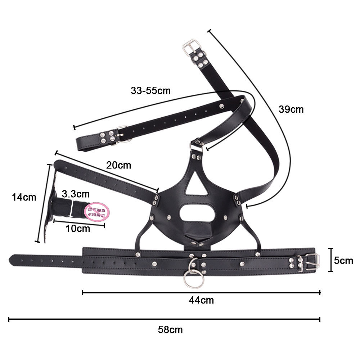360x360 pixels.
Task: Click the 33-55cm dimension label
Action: pos(150,90)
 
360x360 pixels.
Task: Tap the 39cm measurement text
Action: pos(291,109)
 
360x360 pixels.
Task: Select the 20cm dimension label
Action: pos(118,165)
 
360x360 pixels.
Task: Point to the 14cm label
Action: pos(24,197)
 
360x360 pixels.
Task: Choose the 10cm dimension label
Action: pos(78,228)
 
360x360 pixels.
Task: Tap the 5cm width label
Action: pos(343,260)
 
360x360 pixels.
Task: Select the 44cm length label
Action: pos(201,300)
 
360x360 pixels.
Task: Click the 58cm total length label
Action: pos(170,329)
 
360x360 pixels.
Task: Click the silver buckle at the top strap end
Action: pos(190,46)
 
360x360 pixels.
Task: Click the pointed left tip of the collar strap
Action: pos(12,258)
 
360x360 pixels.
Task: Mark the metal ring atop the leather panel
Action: pos(197,143)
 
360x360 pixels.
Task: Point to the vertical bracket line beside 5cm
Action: pos(331,260)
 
